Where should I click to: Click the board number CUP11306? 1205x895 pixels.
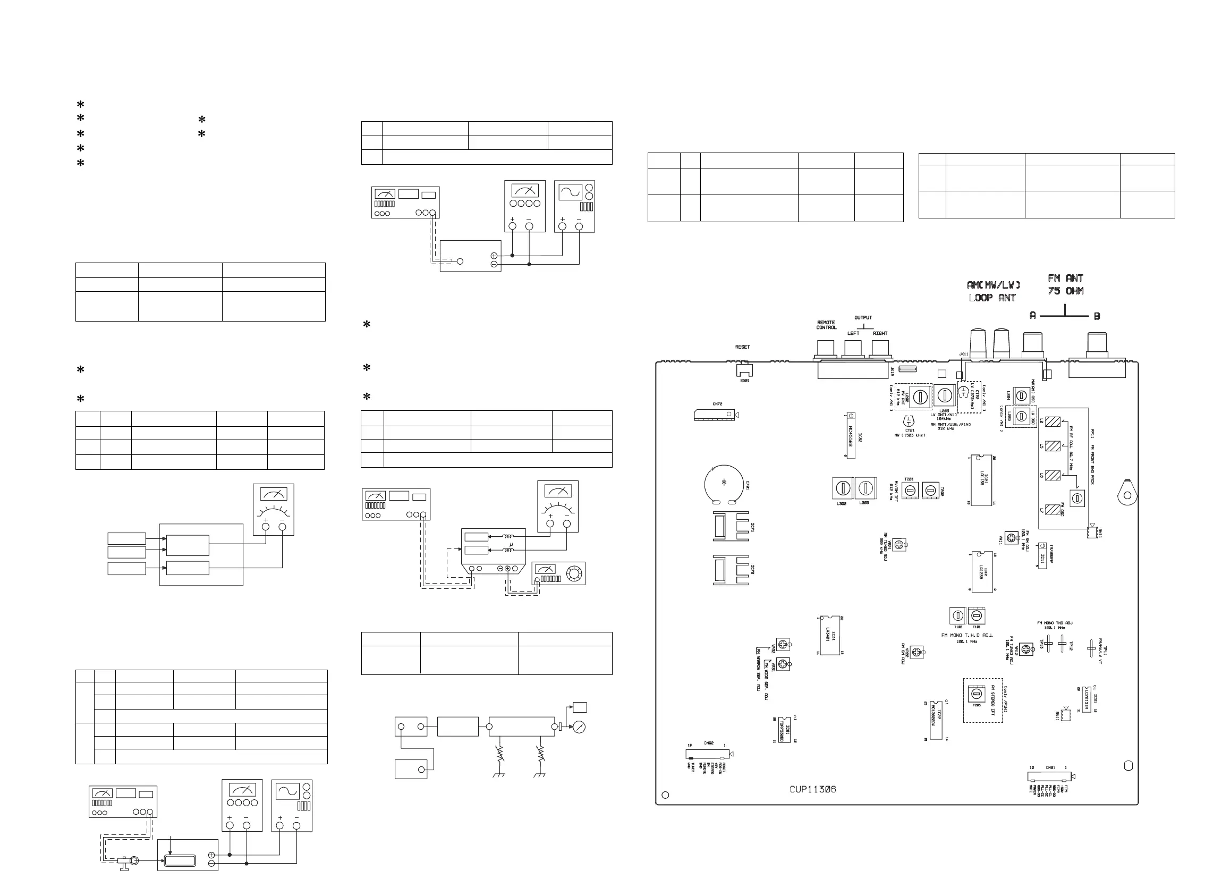click(x=812, y=789)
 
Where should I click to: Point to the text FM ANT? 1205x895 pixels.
click(x=1065, y=278)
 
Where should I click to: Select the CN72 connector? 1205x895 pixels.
click(x=714, y=415)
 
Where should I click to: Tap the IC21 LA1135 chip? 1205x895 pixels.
click(x=981, y=480)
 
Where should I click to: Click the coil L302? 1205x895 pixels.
click(x=842, y=488)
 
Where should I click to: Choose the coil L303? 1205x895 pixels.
click(x=864, y=488)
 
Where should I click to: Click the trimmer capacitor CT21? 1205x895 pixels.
click(x=909, y=421)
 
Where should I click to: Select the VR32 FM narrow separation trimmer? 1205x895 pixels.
click(x=783, y=645)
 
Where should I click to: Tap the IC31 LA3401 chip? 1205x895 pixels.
click(x=829, y=636)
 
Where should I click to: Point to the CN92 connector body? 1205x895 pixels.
click(x=707, y=754)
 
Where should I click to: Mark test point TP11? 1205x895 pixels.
click(x=1091, y=647)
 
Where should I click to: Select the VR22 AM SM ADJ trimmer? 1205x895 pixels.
click(x=917, y=652)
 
